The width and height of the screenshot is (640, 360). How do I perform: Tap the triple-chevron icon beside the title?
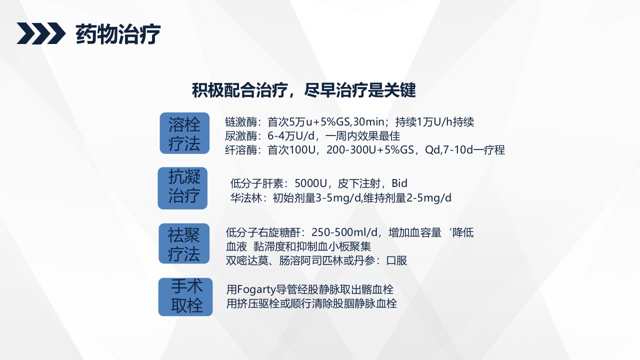tap(41, 33)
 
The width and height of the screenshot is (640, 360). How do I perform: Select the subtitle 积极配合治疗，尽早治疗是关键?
tap(304, 90)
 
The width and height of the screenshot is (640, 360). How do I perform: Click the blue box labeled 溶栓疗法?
tap(184, 133)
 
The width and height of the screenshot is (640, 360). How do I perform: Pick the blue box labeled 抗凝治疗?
tap(183, 187)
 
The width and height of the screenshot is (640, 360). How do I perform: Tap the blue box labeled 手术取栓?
tap(185, 297)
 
